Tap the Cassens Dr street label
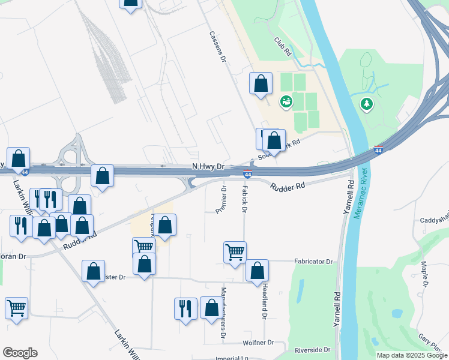pos(217,47)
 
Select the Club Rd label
pos(282,46)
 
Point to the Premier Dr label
pos(221,199)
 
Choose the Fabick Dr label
pos(244,199)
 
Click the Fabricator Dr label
pos(313,262)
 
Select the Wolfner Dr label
pos(258,343)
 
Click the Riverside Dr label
pos(312,350)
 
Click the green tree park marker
pos(366,104)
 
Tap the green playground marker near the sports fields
pos(286,101)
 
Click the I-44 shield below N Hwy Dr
pos(247,174)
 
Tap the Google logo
pos(20,353)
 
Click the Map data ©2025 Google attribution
pos(412,355)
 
